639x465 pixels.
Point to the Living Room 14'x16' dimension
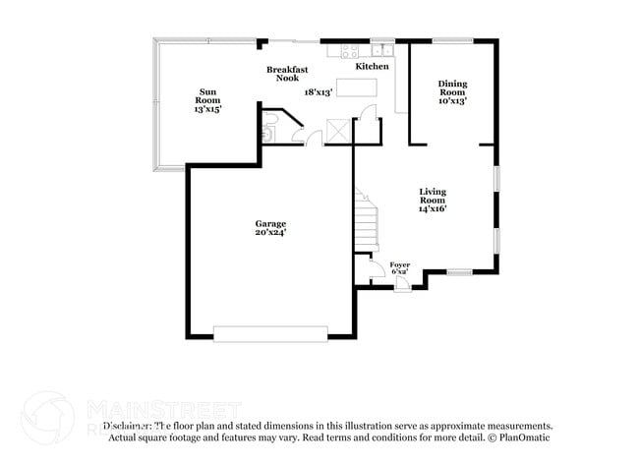(x=434, y=209)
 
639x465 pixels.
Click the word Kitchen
(x=372, y=67)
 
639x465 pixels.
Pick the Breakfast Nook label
(x=287, y=74)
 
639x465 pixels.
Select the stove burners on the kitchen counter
(x=350, y=48)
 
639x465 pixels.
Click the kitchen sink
(x=382, y=48)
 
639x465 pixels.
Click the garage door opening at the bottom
(x=271, y=334)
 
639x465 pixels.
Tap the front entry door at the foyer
(x=401, y=286)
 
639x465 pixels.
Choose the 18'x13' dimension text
(x=319, y=91)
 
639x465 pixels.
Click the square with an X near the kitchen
(x=339, y=131)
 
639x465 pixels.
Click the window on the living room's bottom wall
(x=459, y=271)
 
